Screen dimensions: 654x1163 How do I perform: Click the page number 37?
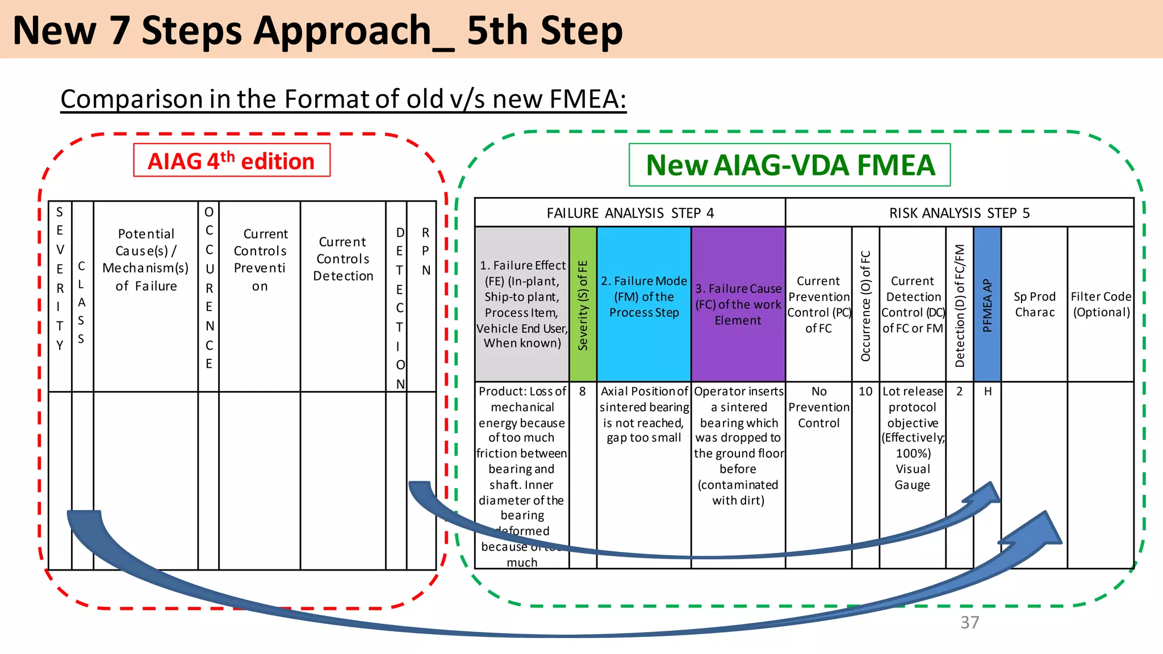coord(969,622)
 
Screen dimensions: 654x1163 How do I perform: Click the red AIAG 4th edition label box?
coord(231,161)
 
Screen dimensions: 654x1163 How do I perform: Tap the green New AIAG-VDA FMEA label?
coord(789,165)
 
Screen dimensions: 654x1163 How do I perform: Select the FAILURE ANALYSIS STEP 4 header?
coord(630,213)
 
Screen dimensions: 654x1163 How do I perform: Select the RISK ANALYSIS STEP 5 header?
coord(959,213)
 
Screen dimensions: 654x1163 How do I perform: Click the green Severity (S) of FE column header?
coord(583,304)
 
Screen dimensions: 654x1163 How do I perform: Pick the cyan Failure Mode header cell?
coord(644,297)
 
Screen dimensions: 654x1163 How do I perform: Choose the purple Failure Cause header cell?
coord(738,304)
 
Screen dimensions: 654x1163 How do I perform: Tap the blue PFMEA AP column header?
coord(987,304)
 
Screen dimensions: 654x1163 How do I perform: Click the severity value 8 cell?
coord(583,392)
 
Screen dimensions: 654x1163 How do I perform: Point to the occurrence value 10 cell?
coord(865,392)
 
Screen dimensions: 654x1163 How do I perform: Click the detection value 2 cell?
coord(959,392)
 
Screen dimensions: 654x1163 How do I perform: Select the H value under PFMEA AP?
coord(988,392)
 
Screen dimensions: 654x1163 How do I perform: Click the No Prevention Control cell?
coord(818,407)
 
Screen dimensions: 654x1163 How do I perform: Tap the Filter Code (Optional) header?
coord(1101,304)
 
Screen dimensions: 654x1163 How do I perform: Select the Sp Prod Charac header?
coord(1034,304)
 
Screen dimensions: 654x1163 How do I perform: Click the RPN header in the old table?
coord(425,251)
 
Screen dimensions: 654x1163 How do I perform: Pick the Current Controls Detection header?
coord(343,259)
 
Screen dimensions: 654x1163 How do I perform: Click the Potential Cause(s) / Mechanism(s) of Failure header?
coord(146,260)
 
